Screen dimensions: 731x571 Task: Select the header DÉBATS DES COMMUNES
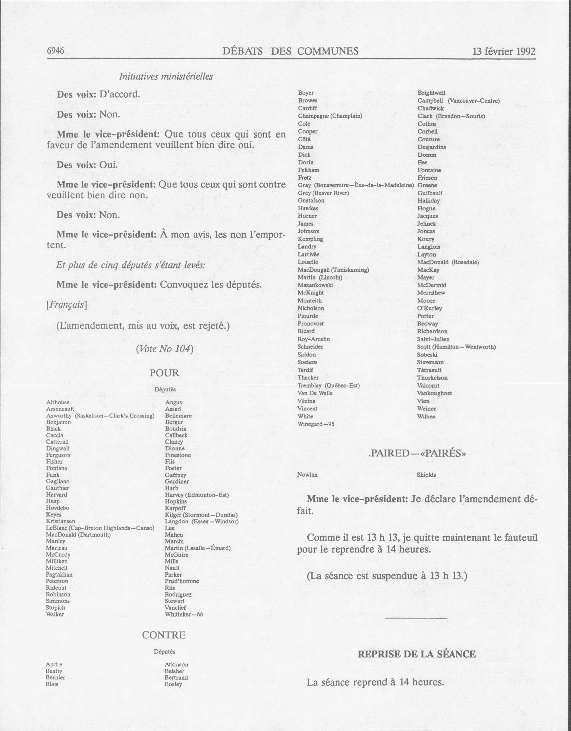tap(290, 51)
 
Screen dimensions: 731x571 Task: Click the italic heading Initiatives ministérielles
tap(166, 77)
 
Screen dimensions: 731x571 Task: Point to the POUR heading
tap(164, 373)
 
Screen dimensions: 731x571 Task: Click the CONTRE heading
tap(164, 635)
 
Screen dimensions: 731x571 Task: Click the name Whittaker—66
tap(184, 614)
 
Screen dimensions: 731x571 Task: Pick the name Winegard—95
tap(316, 424)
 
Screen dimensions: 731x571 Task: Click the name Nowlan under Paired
tap(307, 475)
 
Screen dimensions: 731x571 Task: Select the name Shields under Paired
tap(426, 475)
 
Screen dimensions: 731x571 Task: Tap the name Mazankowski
tap(315, 285)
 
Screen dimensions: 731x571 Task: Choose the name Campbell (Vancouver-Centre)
tap(458, 100)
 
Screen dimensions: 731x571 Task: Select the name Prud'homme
tap(182, 581)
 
